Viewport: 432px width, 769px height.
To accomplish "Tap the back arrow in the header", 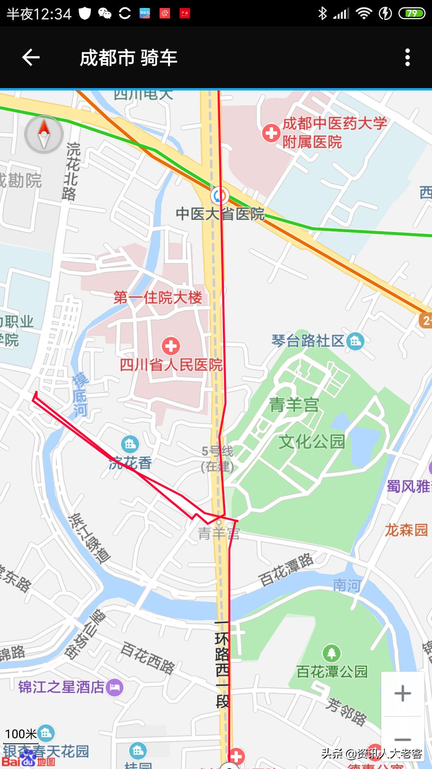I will (x=31, y=58).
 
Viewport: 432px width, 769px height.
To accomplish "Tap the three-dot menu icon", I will (x=407, y=58).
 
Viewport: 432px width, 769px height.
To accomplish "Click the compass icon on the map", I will (x=44, y=134).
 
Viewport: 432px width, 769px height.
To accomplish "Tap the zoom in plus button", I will (x=402, y=694).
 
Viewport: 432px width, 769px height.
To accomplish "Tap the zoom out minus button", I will (x=402, y=739).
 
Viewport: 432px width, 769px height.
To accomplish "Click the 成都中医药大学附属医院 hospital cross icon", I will (x=271, y=133).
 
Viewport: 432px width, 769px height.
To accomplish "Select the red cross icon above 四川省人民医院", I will (x=171, y=346).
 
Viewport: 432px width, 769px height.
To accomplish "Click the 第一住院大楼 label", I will (x=158, y=298).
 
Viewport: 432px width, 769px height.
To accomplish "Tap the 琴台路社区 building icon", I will (x=356, y=341).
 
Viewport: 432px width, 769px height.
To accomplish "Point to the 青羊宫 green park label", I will (x=294, y=405).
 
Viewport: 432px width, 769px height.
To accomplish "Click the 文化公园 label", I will (x=312, y=442).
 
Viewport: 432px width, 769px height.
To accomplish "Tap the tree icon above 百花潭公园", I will (x=331, y=653).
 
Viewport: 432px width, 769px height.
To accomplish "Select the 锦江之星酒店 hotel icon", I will (x=115, y=688).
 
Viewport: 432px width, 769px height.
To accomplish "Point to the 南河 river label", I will (x=347, y=586).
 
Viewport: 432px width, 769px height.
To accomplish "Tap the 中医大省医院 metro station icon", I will (x=219, y=196).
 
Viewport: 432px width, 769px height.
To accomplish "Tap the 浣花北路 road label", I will (x=71, y=171).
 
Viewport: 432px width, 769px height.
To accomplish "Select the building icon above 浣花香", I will (x=130, y=444).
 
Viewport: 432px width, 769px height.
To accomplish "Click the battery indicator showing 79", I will (x=412, y=14).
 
